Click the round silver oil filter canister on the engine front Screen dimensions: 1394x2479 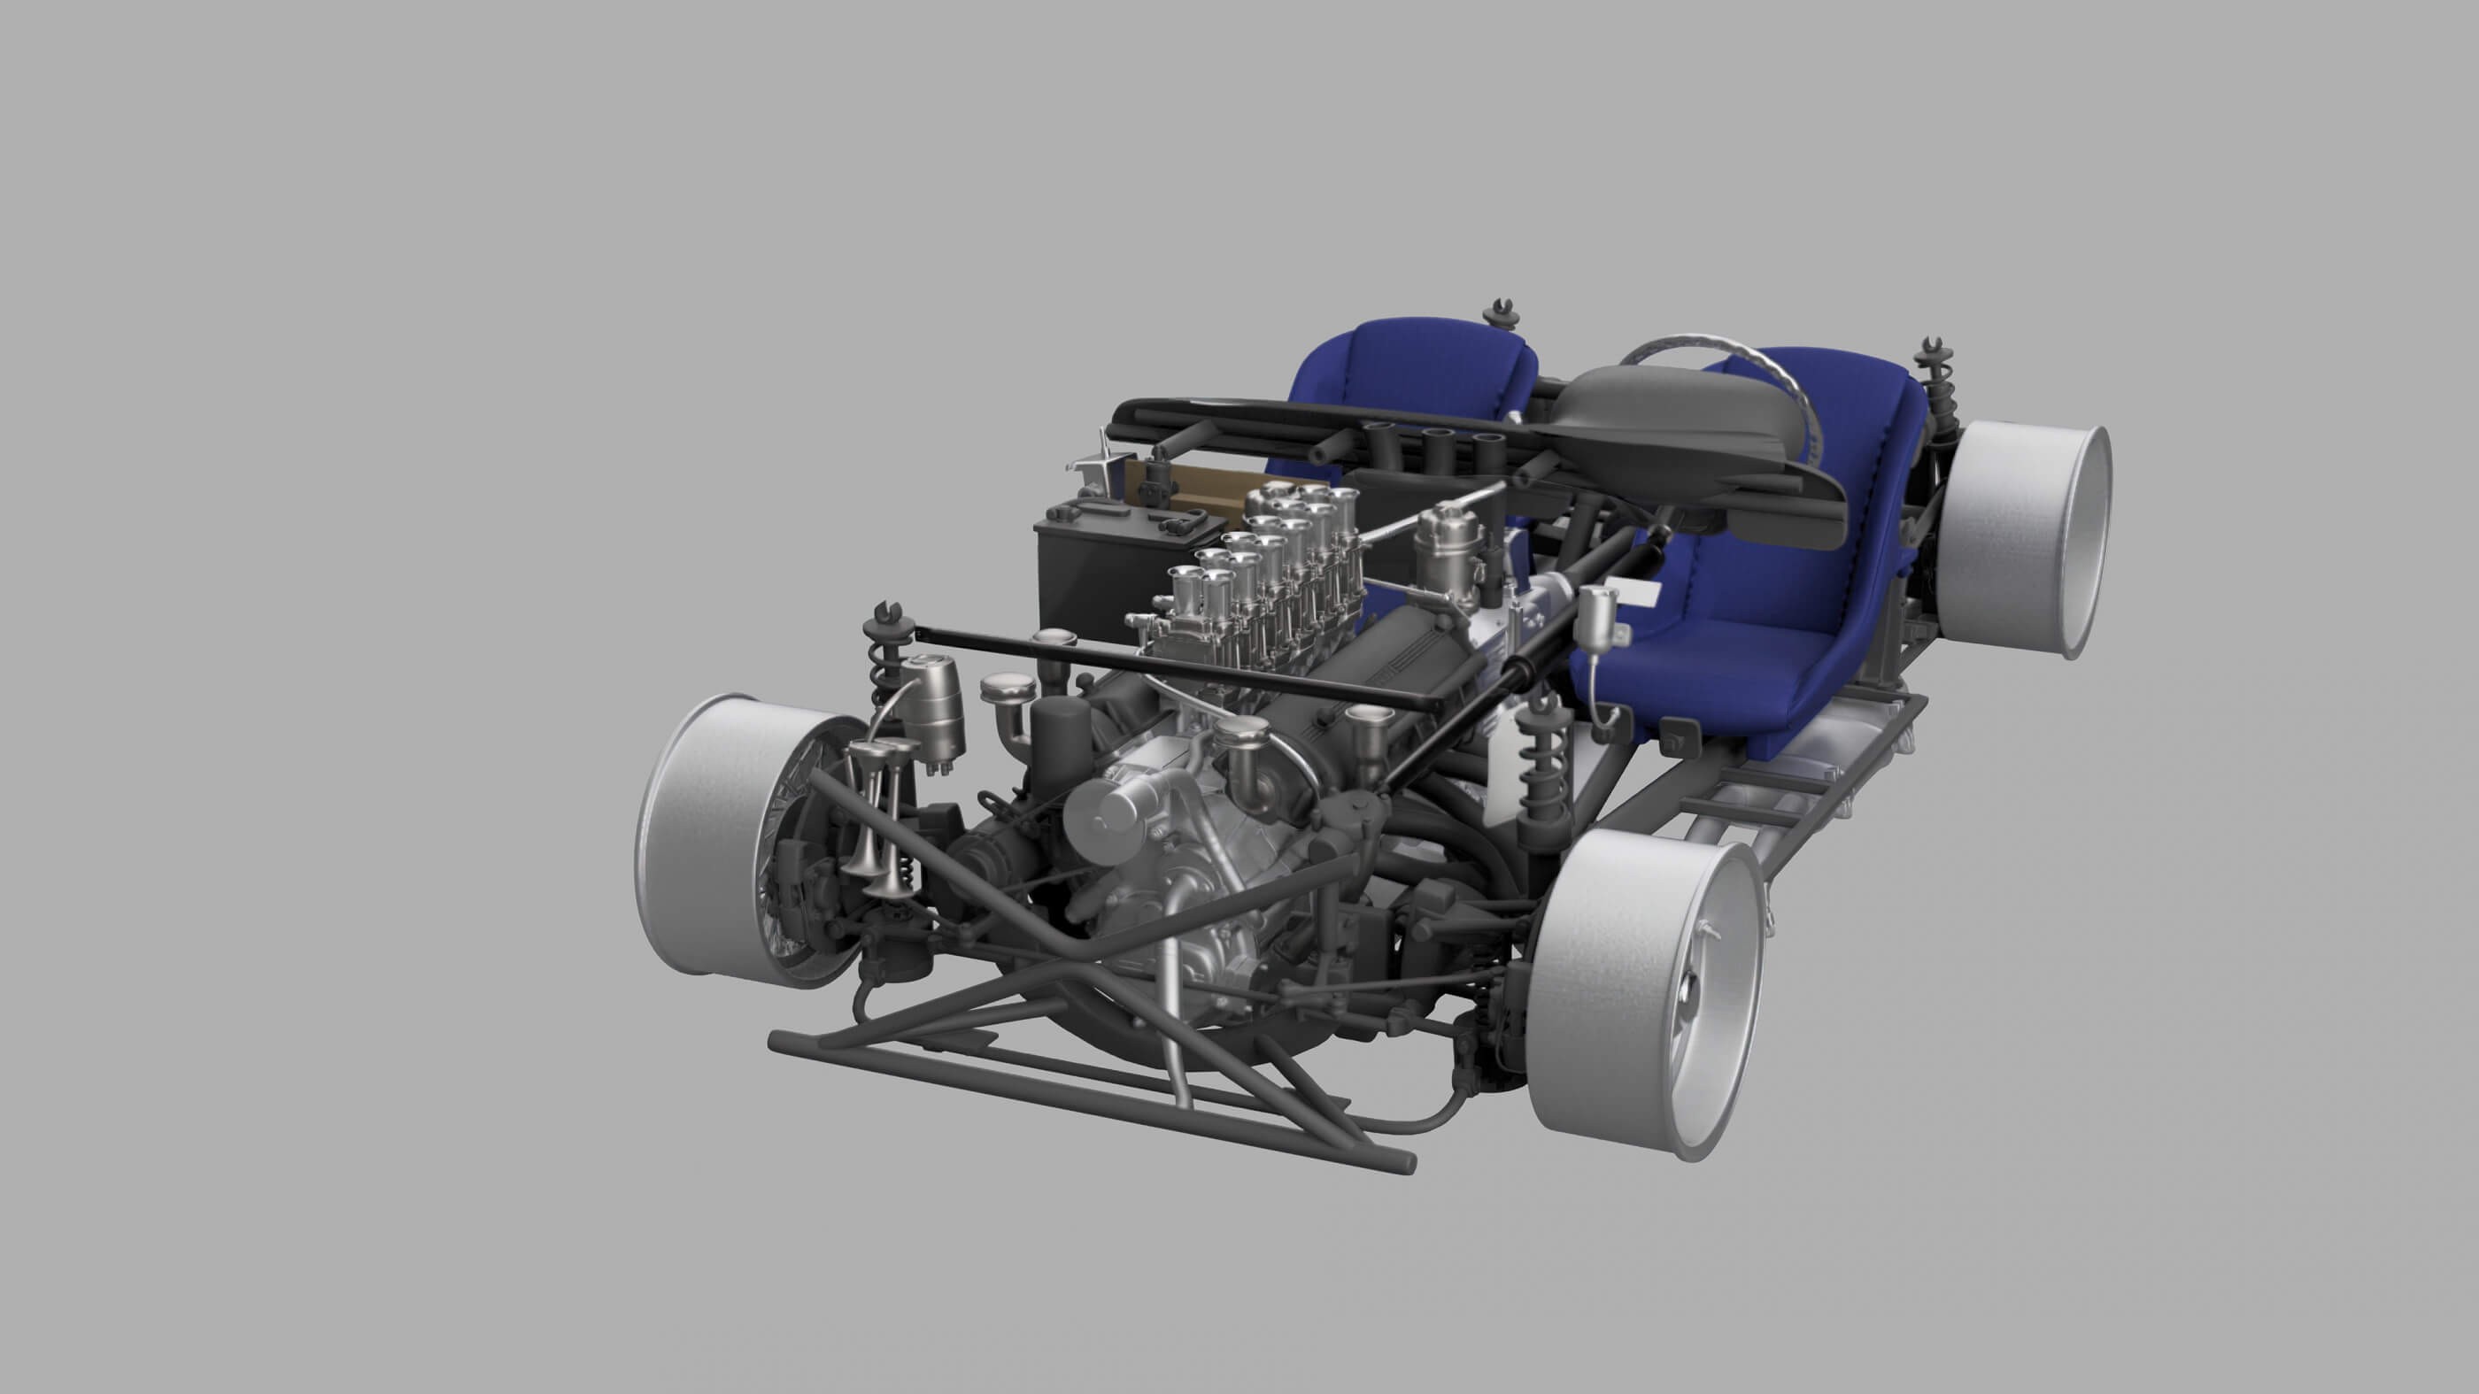click(x=1107, y=818)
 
